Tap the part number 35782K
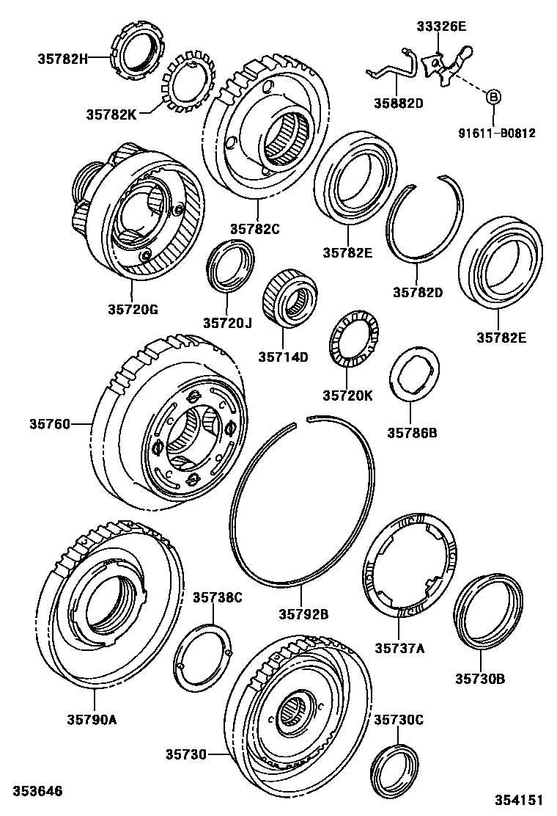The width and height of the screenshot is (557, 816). pyautogui.click(x=111, y=114)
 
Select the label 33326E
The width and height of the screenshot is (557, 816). pyautogui.click(x=441, y=26)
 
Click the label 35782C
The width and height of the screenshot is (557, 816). pyautogui.click(x=256, y=229)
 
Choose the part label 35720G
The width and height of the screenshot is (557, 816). pyautogui.click(x=133, y=310)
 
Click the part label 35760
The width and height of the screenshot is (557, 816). pyautogui.click(x=49, y=423)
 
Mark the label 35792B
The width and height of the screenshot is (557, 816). pyautogui.click(x=303, y=613)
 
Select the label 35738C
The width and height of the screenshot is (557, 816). pyautogui.click(x=217, y=597)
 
